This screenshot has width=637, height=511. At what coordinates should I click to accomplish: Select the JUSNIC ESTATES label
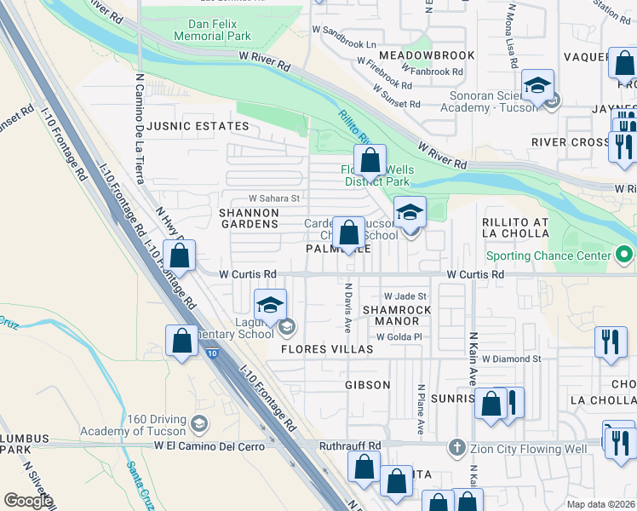point(198,126)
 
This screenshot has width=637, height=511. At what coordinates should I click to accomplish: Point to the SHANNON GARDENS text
point(249,218)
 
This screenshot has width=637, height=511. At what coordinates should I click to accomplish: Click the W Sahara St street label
point(274,198)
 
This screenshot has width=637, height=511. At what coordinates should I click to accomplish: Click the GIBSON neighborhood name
point(367,385)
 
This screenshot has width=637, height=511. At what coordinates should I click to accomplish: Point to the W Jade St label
point(404,296)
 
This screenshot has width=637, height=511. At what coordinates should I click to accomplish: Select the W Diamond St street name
point(511,359)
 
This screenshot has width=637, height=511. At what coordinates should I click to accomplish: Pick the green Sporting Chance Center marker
point(625,255)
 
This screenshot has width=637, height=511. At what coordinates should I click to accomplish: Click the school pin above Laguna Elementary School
point(270,305)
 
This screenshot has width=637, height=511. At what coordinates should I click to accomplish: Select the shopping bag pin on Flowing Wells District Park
point(370,159)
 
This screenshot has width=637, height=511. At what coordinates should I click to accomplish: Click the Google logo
point(28,500)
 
